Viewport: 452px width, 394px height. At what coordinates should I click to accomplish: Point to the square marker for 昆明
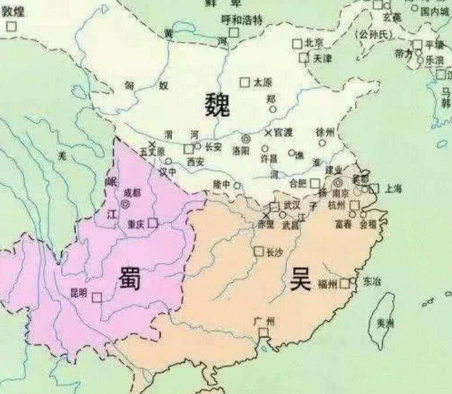pyautogui.click(x=97, y=297)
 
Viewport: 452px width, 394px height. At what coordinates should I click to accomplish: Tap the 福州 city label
pyautogui.click(x=326, y=284)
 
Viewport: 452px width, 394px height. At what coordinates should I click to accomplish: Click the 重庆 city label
pyautogui.click(x=136, y=224)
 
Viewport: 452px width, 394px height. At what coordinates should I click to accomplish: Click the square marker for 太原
pyautogui.click(x=245, y=83)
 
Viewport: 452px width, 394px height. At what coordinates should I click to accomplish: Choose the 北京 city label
pyautogui.click(x=314, y=43)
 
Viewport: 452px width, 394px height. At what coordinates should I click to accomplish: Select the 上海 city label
pyautogui.click(x=393, y=189)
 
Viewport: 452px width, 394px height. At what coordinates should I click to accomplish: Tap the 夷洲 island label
pyautogui.click(x=386, y=323)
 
